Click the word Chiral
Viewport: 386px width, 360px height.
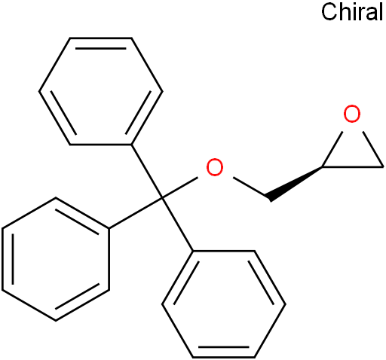point(352,12)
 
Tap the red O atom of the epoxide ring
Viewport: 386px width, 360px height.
point(352,114)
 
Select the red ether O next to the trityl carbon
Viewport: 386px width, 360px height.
point(215,167)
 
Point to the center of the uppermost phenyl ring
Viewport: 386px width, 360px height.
point(101,91)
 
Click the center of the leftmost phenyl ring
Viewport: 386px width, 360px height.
point(56,259)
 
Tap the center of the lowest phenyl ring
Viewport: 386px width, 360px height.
point(224,304)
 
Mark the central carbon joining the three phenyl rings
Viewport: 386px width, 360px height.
point(162,198)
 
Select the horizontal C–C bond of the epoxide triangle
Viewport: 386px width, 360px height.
point(353,166)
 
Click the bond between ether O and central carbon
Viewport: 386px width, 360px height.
point(180,188)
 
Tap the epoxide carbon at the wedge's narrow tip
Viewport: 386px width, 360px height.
point(323,166)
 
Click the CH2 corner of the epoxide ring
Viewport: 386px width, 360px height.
point(383,166)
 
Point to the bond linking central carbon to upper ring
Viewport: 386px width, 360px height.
point(147,172)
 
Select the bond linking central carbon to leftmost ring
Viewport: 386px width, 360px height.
point(136,213)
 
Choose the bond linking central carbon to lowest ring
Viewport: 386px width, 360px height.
point(177,224)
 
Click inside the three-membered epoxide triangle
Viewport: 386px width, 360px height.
point(353,153)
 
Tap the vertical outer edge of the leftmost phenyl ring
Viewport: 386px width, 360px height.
point(3,259)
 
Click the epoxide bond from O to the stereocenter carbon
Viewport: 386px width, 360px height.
point(332,149)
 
